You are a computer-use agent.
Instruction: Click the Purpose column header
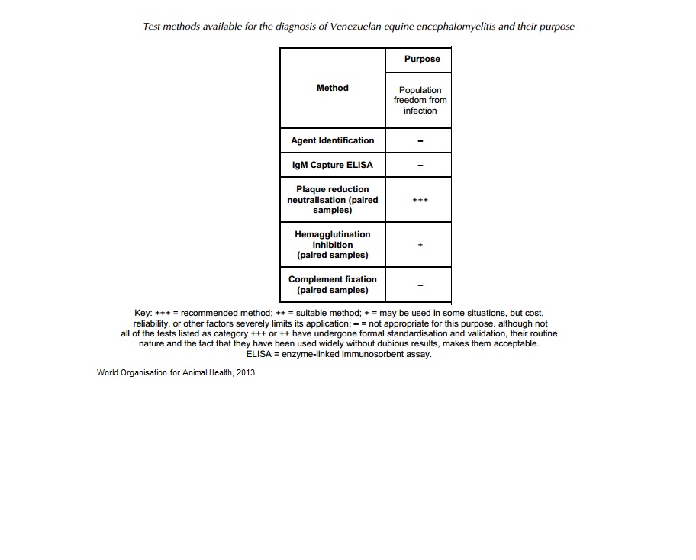[x=422, y=59]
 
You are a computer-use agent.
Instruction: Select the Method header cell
[x=332, y=88]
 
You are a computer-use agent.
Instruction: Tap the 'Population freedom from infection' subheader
[x=420, y=100]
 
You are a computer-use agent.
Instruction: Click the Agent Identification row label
[x=332, y=140]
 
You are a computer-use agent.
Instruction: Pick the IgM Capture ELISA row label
[x=332, y=165]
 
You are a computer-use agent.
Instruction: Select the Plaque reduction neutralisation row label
[x=332, y=200]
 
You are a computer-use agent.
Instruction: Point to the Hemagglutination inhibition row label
[x=332, y=245]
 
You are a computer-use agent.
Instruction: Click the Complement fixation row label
[x=332, y=285]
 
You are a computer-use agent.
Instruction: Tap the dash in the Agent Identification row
[x=420, y=141]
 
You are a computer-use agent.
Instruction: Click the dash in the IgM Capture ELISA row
[x=420, y=166]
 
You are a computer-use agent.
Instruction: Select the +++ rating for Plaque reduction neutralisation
[x=420, y=200]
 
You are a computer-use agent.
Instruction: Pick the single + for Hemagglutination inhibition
[x=420, y=245]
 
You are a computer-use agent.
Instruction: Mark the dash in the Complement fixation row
[x=420, y=285]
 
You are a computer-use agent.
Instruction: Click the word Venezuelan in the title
[x=357, y=27]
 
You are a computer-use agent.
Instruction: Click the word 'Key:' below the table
[x=143, y=314]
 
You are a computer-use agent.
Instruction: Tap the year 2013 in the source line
[x=245, y=372]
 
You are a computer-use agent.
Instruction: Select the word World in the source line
[x=109, y=372]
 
